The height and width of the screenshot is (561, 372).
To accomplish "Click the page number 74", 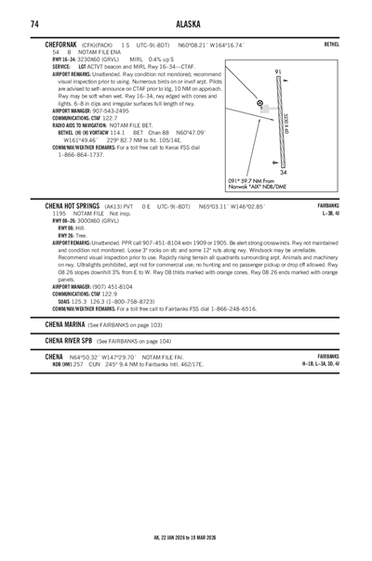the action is point(33,23).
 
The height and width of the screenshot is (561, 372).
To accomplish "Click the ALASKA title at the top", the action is point(185,23).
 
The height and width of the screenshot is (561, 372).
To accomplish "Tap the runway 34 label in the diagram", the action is point(283,173).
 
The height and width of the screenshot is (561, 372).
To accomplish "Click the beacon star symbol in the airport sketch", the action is point(259,103).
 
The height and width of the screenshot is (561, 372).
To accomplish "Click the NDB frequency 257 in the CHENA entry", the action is point(78,364).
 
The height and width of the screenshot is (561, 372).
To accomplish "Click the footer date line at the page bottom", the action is point(185,536).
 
